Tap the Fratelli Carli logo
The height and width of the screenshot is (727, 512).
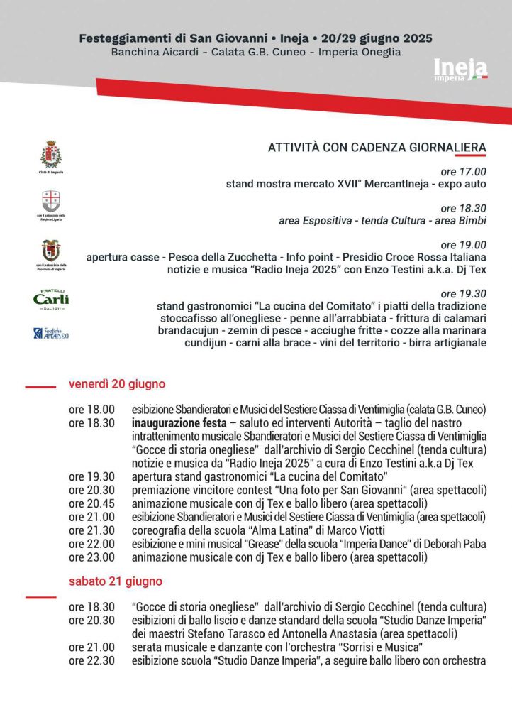point(51,299)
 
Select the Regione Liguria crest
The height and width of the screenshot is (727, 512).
point(50,201)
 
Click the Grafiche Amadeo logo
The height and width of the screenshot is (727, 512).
point(51,333)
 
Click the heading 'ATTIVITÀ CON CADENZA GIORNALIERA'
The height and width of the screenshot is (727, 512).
point(377,148)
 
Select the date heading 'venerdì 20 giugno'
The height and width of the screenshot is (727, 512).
point(117,384)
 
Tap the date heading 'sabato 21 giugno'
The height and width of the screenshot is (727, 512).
point(116,581)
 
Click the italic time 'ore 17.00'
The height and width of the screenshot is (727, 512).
point(464,171)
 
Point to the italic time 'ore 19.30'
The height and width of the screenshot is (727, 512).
point(464,293)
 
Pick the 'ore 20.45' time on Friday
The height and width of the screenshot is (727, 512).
point(91,503)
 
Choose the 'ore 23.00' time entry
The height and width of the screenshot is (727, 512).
point(91,557)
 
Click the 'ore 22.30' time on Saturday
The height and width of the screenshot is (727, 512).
point(91,660)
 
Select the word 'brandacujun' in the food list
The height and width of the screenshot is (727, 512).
point(187,331)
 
